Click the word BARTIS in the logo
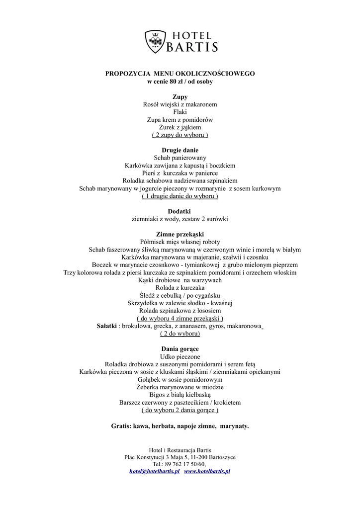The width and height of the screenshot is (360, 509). pos(192,47)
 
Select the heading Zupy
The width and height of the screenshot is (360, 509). pos(180,97)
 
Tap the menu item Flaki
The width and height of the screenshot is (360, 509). pos(180,112)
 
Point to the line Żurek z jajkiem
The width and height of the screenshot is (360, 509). pos(180,127)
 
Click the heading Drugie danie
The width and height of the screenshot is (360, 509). pos(180,150)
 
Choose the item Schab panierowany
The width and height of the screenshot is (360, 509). pos(180,158)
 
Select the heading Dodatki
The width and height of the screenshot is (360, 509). pos(180,211)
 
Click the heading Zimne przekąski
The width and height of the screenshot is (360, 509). pos(180,234)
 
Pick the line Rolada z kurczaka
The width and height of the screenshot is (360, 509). pos(180,288)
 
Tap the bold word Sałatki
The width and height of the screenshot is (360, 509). pos(107,326)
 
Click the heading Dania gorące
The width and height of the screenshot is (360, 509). pos(180,349)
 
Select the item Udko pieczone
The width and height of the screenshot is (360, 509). pos(180,356)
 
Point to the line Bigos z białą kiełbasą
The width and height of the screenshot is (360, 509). pos(180,395)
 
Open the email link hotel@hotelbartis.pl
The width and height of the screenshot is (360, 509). pos(154,471)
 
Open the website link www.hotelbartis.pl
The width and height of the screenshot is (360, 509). pos(207,471)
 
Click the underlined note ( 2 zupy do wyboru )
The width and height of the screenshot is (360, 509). pos(180,135)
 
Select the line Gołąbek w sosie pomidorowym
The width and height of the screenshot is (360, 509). pos(180,379)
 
